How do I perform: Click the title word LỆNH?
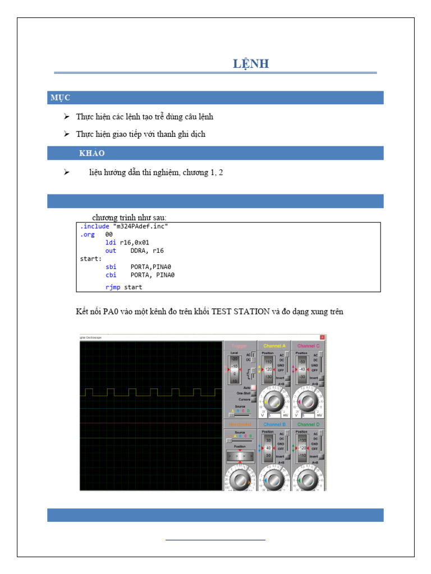251,64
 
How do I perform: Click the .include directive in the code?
95,226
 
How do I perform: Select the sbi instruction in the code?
111,267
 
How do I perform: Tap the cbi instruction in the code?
111,275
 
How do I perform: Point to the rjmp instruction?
112,287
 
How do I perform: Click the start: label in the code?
91,259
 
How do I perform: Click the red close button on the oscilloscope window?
322,337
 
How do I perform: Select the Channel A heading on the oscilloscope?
274,346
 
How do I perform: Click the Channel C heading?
308,346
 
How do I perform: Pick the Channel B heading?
274,424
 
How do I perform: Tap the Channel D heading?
308,424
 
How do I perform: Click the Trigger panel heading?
240,346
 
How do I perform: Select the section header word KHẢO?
92,154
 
